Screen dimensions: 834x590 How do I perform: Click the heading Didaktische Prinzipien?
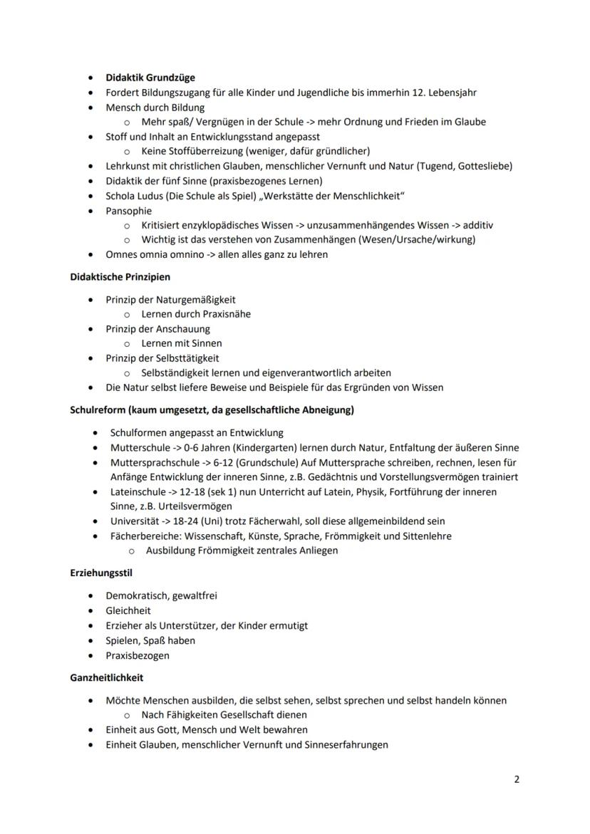(x=120, y=276)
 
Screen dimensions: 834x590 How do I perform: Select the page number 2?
(x=517, y=779)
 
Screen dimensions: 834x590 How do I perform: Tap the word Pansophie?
(x=128, y=211)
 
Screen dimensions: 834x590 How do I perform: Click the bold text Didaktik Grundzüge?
(x=150, y=78)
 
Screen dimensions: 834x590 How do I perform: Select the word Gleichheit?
(x=128, y=610)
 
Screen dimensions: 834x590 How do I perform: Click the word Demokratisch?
(x=137, y=595)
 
